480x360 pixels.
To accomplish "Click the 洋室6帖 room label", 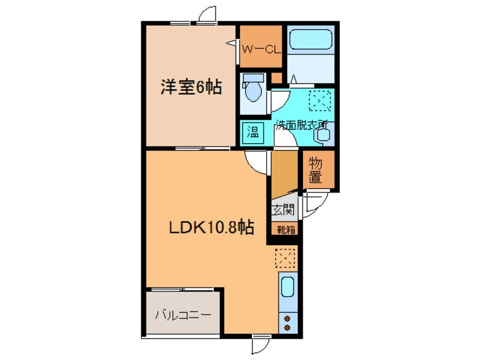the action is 191,87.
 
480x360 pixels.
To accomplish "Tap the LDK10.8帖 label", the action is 212,227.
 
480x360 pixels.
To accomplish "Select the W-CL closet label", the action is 261,49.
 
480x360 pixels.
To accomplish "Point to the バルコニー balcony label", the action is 183,315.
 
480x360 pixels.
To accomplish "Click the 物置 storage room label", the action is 315,170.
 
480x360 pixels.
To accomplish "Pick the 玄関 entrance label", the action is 283,210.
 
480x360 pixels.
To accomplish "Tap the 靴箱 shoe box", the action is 285,229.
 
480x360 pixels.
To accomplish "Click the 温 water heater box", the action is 253,133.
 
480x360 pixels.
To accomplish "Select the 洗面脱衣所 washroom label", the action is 301,125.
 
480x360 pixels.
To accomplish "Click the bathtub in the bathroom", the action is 310,40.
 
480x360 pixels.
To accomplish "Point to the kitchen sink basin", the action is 288,287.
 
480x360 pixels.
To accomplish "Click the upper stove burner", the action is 287,319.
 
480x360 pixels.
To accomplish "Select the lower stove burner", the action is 287,328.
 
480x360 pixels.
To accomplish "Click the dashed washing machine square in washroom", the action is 320,101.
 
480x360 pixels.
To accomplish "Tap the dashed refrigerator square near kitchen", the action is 285,258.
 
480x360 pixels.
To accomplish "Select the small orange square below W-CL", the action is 276,78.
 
